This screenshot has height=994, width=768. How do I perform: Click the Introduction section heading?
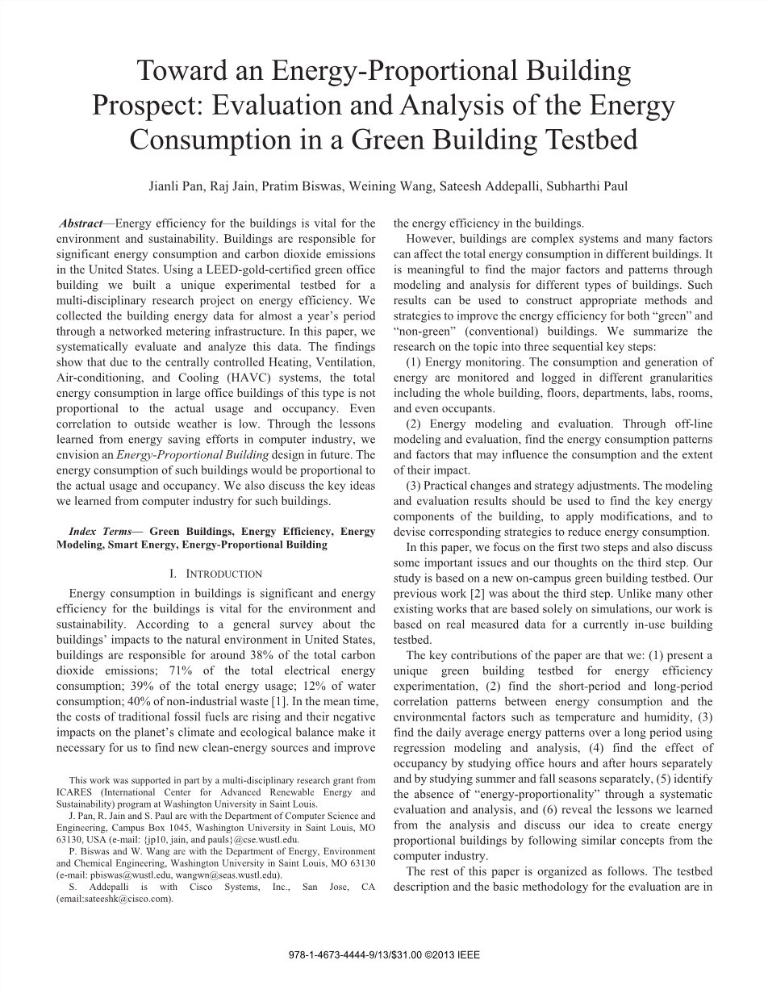pyautogui.click(x=215, y=574)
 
